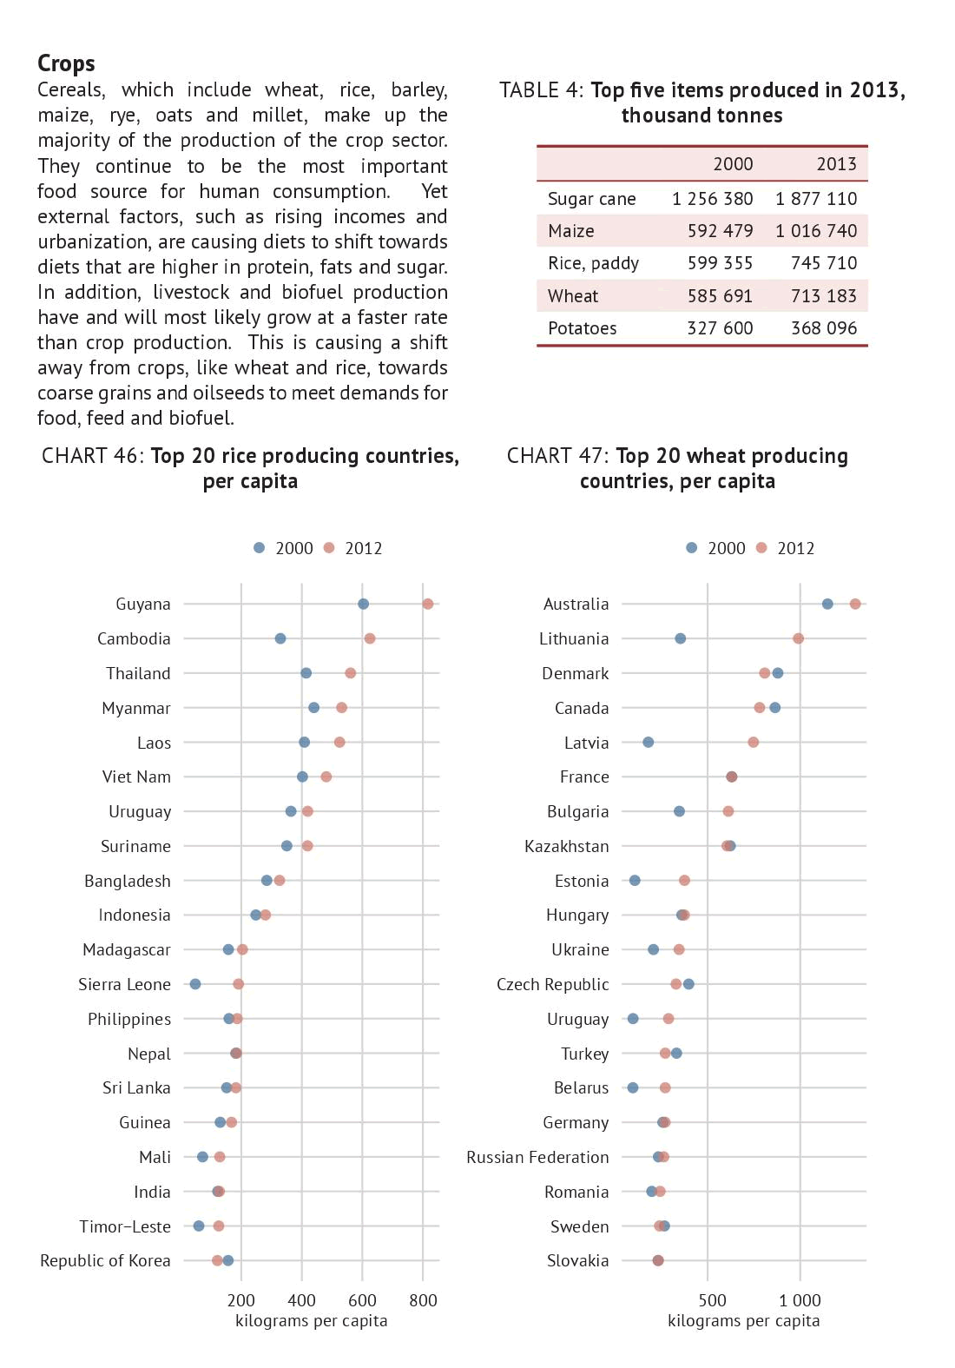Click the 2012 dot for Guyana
point(427,604)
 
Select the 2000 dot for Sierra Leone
point(195,984)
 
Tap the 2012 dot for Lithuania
point(798,638)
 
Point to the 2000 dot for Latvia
point(648,742)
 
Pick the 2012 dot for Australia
point(855,604)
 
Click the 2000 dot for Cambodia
point(280,638)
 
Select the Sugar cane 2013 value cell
point(815,199)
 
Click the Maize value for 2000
point(720,231)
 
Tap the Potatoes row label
point(582,328)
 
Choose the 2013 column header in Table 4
point(836,164)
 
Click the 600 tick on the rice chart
point(362,1300)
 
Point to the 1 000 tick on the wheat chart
point(800,1300)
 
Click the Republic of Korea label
point(105,1260)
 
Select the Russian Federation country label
point(537,1157)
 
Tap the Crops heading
point(66,63)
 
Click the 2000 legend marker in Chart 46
point(259,548)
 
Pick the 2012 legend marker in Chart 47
point(761,548)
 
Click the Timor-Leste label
point(125,1226)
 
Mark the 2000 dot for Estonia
point(635,881)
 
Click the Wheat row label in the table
point(572,296)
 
